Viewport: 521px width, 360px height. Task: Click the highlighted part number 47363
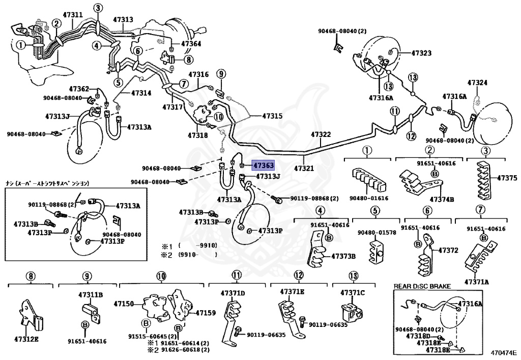(264, 165)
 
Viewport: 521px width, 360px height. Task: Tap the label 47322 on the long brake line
(321, 134)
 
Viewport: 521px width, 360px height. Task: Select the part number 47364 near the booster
(191, 44)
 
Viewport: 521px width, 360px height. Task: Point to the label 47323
(421, 53)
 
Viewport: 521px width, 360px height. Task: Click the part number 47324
(477, 82)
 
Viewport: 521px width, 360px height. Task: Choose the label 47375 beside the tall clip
(507, 178)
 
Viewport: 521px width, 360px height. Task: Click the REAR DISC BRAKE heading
(422, 287)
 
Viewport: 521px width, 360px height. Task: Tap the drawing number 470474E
(503, 352)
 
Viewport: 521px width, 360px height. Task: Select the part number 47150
(123, 303)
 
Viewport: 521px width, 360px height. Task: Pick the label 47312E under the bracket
(26, 339)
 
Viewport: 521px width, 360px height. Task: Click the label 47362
(79, 89)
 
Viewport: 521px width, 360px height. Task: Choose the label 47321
(304, 168)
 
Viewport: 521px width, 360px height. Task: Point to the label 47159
(206, 313)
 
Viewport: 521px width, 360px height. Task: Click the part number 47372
(448, 250)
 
